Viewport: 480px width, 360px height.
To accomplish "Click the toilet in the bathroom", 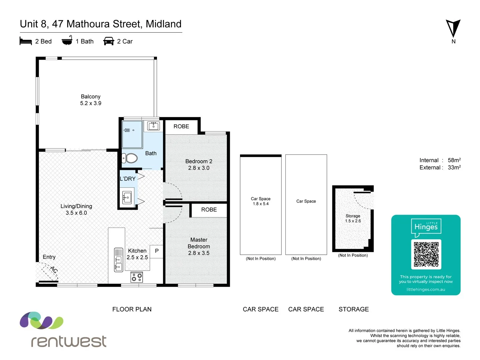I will pyautogui.click(x=130, y=158).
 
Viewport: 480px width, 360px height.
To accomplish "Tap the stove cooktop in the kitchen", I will pyautogui.click(x=137, y=277).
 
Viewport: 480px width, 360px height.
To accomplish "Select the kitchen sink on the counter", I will pyautogui.click(x=118, y=260).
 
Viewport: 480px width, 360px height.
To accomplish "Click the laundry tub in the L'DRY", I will pyautogui.click(x=127, y=198).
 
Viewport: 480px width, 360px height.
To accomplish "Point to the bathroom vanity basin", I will pyautogui.click(x=153, y=126).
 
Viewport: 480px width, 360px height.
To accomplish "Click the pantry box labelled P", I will pyautogui.click(x=157, y=251).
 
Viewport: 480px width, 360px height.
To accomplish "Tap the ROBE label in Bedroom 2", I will pyautogui.click(x=181, y=126).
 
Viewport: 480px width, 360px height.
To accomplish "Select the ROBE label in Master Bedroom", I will pyautogui.click(x=209, y=210).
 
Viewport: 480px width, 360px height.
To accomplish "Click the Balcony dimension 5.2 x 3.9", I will pyautogui.click(x=91, y=103).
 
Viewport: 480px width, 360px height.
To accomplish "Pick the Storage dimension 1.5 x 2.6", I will pyautogui.click(x=353, y=221).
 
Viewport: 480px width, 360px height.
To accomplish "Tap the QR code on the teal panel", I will pyautogui.click(x=426, y=254).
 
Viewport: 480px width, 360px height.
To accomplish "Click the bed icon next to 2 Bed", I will pyautogui.click(x=26, y=41).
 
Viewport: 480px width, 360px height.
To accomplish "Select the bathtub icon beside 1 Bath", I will pyautogui.click(x=67, y=41).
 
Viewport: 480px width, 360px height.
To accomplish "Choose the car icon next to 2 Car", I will pyautogui.click(x=109, y=41).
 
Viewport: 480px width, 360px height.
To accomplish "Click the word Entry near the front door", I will pyautogui.click(x=49, y=257).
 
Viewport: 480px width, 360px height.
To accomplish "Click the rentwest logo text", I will pyautogui.click(x=69, y=341).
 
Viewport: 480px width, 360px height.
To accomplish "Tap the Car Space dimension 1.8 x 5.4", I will pyautogui.click(x=260, y=204).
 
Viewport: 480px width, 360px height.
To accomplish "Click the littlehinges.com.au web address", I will pyautogui.click(x=426, y=289).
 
